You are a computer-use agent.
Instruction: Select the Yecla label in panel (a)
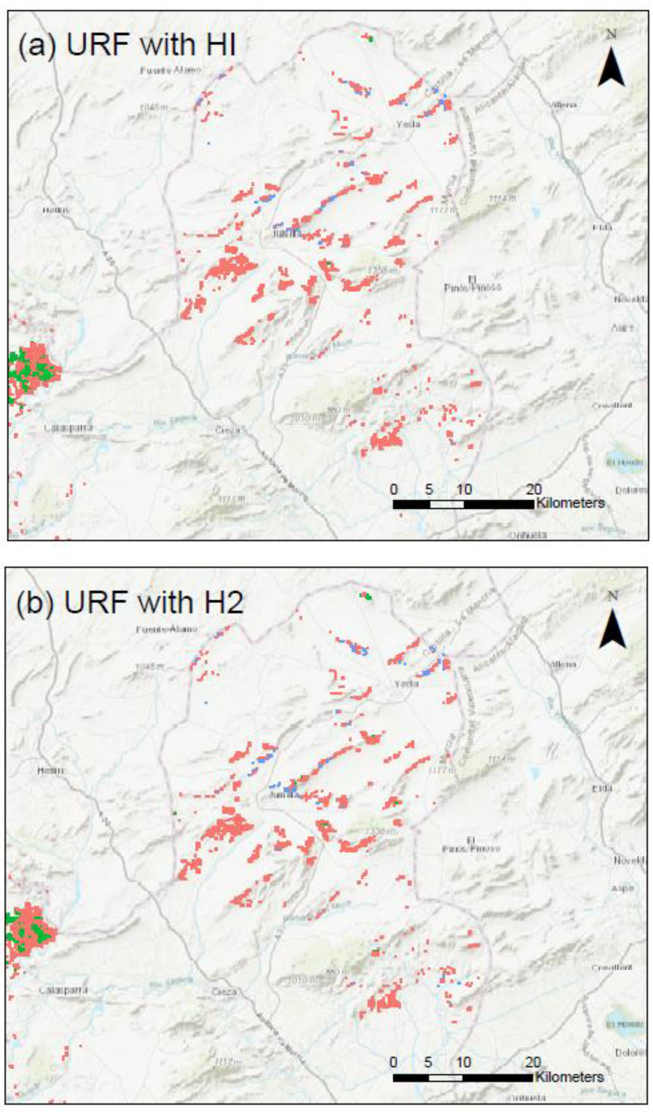click(x=408, y=124)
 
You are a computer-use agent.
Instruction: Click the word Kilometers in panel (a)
click(x=570, y=503)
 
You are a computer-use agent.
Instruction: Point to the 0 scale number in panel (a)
click(x=394, y=489)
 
